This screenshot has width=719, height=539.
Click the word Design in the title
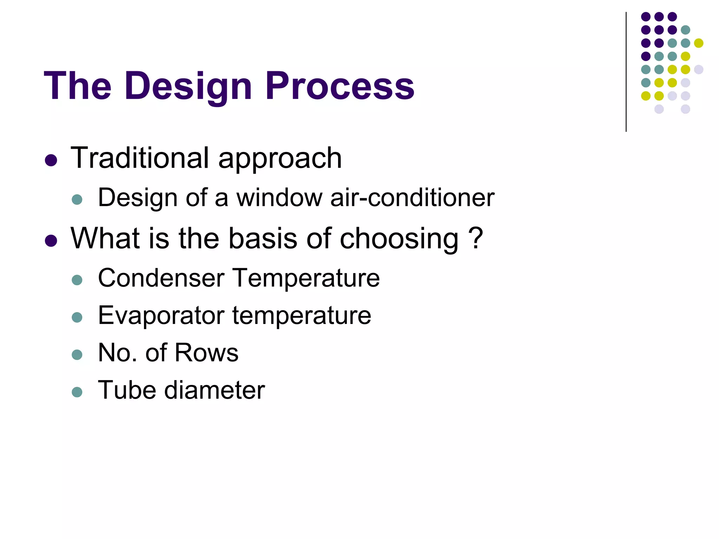click(188, 86)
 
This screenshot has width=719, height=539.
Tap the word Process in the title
click(339, 86)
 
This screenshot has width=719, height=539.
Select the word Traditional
click(140, 158)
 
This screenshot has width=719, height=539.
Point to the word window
click(279, 198)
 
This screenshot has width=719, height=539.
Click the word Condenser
click(161, 278)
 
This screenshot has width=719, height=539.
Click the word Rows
click(206, 353)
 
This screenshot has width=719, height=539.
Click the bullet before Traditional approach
click(51, 160)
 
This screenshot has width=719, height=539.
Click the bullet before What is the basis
click(51, 241)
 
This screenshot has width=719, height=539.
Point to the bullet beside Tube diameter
click(77, 392)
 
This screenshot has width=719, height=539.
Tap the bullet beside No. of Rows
click(77, 354)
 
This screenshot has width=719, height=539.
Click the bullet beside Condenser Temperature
click(77, 280)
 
